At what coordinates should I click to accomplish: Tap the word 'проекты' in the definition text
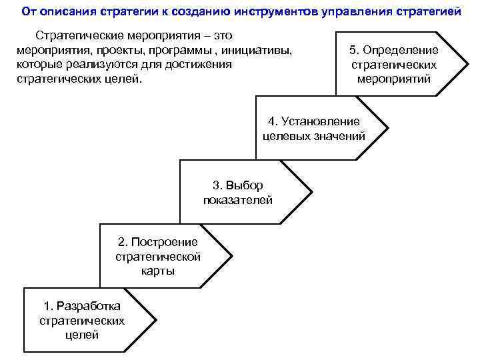point(117,49)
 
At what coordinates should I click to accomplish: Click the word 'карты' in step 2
point(158,271)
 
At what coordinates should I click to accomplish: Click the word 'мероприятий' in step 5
point(393,79)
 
